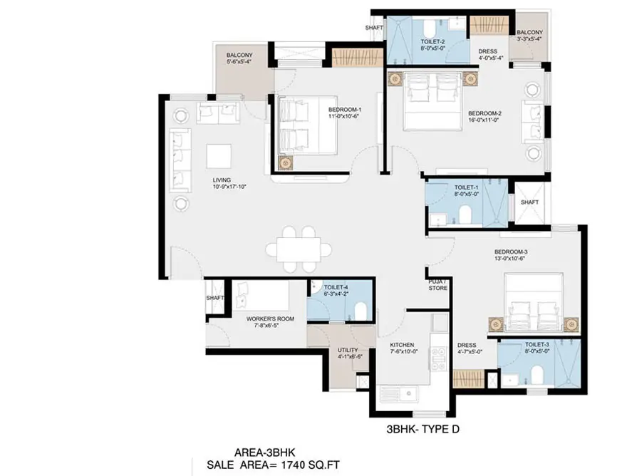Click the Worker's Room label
(x=266, y=321)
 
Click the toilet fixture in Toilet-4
(x=361, y=311)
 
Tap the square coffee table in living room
(x=219, y=155)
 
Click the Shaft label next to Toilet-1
(x=529, y=202)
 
